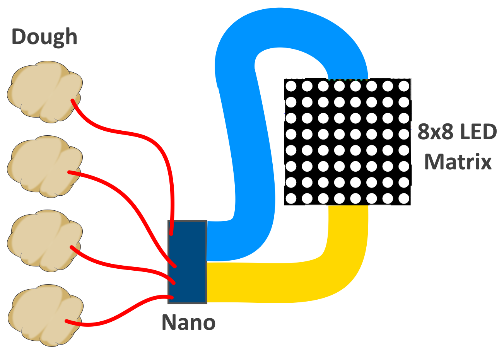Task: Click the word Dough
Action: [x=44, y=37]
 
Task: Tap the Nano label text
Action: [x=188, y=322]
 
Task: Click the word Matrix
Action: [x=458, y=162]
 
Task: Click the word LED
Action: [x=478, y=132]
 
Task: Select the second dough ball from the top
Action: [x=44, y=166]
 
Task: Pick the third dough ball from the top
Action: [x=44, y=241]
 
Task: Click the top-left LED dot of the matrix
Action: [x=291, y=86]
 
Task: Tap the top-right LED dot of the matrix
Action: [x=404, y=86]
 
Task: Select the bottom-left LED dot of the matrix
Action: [x=291, y=199]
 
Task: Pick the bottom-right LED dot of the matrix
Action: [x=404, y=199]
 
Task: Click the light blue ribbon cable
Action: [x=248, y=155]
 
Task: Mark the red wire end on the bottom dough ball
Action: [x=67, y=321]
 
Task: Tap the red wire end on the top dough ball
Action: [x=73, y=101]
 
